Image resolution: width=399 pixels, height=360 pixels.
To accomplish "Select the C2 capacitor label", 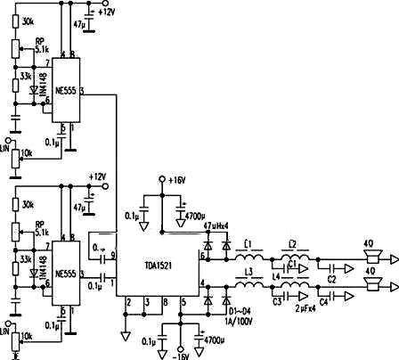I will click(331, 277).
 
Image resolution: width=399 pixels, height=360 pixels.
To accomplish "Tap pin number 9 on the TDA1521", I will click(113, 255).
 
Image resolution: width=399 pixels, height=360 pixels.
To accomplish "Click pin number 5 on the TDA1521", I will click(183, 302).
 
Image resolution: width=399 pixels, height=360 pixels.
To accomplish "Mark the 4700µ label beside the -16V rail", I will click(213, 340).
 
